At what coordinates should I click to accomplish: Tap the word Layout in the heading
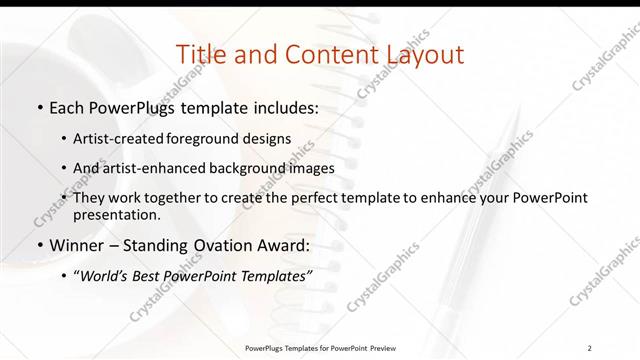pyautogui.click(x=417, y=55)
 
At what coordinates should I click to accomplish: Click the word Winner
pyautogui.click(x=79, y=244)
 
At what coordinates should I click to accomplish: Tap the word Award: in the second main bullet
pyautogui.click(x=279, y=244)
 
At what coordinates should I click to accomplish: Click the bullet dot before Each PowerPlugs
pyautogui.click(x=39, y=106)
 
